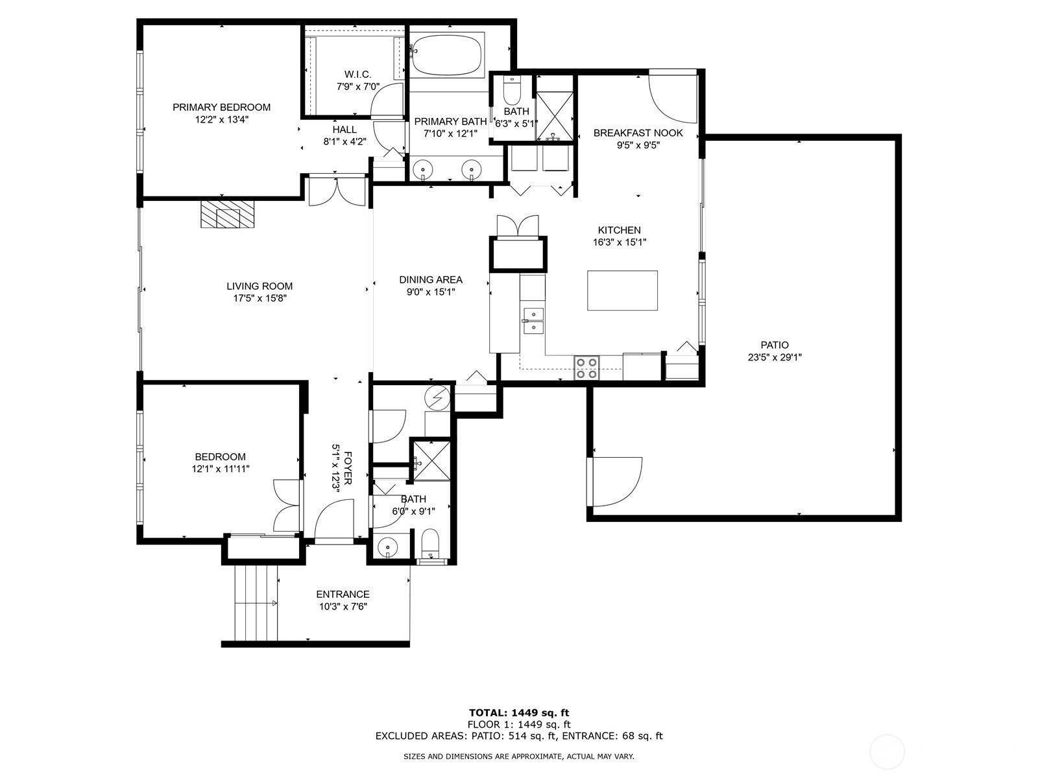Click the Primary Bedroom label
click(x=221, y=107)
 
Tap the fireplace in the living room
click(x=228, y=215)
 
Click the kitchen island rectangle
click(x=622, y=290)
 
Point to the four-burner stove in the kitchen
click(x=587, y=368)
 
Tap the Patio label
click(x=775, y=345)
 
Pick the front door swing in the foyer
click(x=332, y=521)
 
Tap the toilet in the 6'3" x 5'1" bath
click(x=512, y=91)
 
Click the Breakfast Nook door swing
click(x=673, y=97)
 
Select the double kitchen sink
click(x=533, y=321)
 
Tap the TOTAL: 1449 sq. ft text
click(x=519, y=713)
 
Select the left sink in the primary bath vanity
click(x=423, y=171)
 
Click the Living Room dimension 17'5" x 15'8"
click(x=259, y=298)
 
